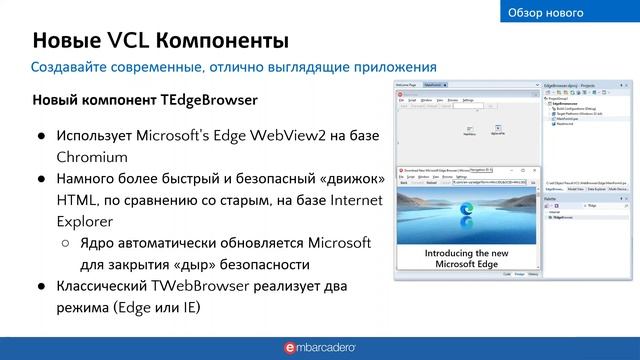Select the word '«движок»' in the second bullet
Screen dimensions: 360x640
pyautogui.click(x=347, y=179)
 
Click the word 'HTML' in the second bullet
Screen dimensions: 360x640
pyautogui.click(x=76, y=201)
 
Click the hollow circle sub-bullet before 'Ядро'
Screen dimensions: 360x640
pyautogui.click(x=65, y=244)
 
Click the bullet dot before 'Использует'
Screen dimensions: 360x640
pyautogui.click(x=41, y=136)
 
